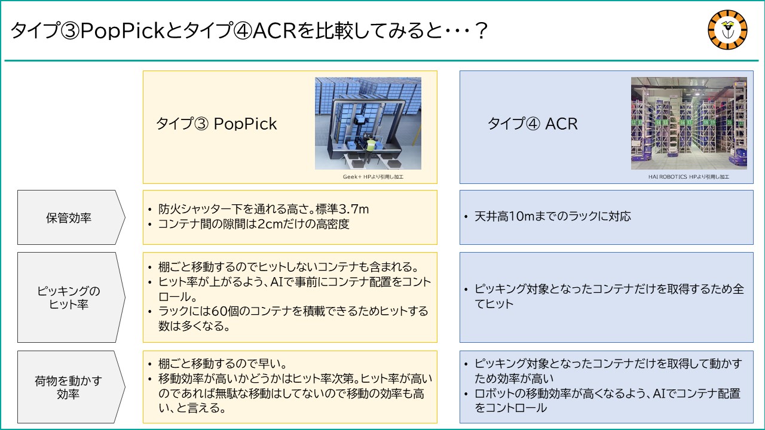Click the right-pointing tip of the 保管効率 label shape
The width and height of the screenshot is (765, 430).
tap(126, 217)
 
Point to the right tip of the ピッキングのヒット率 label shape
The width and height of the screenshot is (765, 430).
tap(126, 297)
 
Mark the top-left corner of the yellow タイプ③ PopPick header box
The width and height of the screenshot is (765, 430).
tap(143, 71)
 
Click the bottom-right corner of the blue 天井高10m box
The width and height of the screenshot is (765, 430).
tap(754, 244)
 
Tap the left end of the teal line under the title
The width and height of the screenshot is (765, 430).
tap(4, 61)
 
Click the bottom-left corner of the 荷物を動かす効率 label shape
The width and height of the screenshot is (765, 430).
tap(18, 423)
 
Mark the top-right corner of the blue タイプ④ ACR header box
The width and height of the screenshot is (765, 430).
tap(754, 71)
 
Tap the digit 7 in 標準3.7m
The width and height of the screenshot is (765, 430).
tap(352, 209)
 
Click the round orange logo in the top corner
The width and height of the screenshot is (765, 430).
tap(727, 30)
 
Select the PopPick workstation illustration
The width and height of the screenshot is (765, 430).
tap(368, 123)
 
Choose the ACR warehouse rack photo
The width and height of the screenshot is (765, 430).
tap(689, 123)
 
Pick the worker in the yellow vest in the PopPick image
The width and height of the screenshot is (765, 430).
tap(369, 148)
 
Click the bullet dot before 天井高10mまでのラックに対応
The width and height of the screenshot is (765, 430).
tap(466, 217)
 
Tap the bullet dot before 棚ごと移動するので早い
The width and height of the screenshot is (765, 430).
tap(149, 364)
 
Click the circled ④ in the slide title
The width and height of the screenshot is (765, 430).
tap(242, 30)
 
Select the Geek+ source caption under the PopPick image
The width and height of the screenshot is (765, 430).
tap(373, 177)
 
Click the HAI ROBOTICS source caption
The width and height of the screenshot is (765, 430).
tap(688, 177)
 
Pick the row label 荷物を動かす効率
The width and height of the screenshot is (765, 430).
tap(68, 387)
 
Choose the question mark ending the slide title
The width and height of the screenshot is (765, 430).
tap(481, 30)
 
